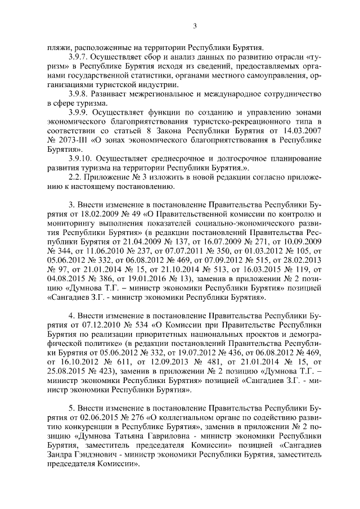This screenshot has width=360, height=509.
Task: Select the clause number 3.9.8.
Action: tap(79, 93)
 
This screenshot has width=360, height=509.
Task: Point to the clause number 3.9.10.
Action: tap(80, 159)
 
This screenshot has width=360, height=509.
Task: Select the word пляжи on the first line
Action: tap(57, 48)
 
